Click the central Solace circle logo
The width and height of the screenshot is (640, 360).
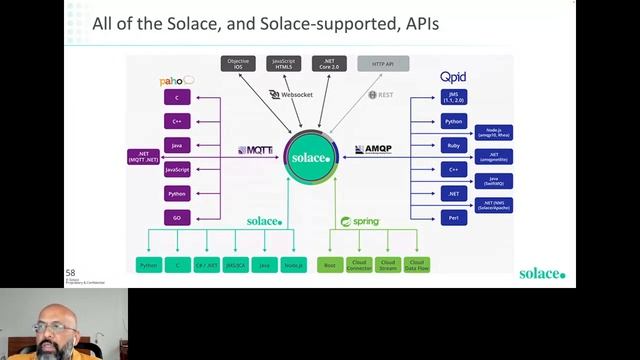(310, 158)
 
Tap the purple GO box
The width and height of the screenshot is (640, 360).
(177, 217)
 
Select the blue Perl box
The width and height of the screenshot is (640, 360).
(454, 217)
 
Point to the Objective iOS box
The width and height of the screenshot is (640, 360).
(238, 65)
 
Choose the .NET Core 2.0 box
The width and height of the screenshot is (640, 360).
(329, 65)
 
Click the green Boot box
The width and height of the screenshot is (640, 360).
(330, 265)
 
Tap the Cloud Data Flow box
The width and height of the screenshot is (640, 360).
(417, 265)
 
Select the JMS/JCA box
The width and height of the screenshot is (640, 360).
(236, 265)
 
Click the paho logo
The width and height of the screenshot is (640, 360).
(176, 80)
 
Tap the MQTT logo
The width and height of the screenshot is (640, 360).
(255, 150)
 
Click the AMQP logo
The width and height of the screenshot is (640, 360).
(373, 150)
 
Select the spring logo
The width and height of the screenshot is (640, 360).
(360, 221)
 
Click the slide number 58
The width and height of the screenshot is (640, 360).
(70, 273)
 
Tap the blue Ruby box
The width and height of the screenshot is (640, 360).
(454, 145)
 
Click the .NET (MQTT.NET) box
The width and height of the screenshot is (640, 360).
(143, 156)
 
